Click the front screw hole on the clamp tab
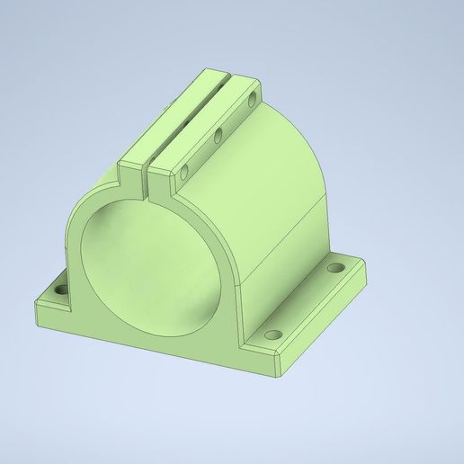click(184, 169)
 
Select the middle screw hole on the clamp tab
click(218, 138)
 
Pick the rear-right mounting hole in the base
click(338, 268)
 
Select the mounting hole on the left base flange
click(60, 292)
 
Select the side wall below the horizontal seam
click(279, 279)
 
